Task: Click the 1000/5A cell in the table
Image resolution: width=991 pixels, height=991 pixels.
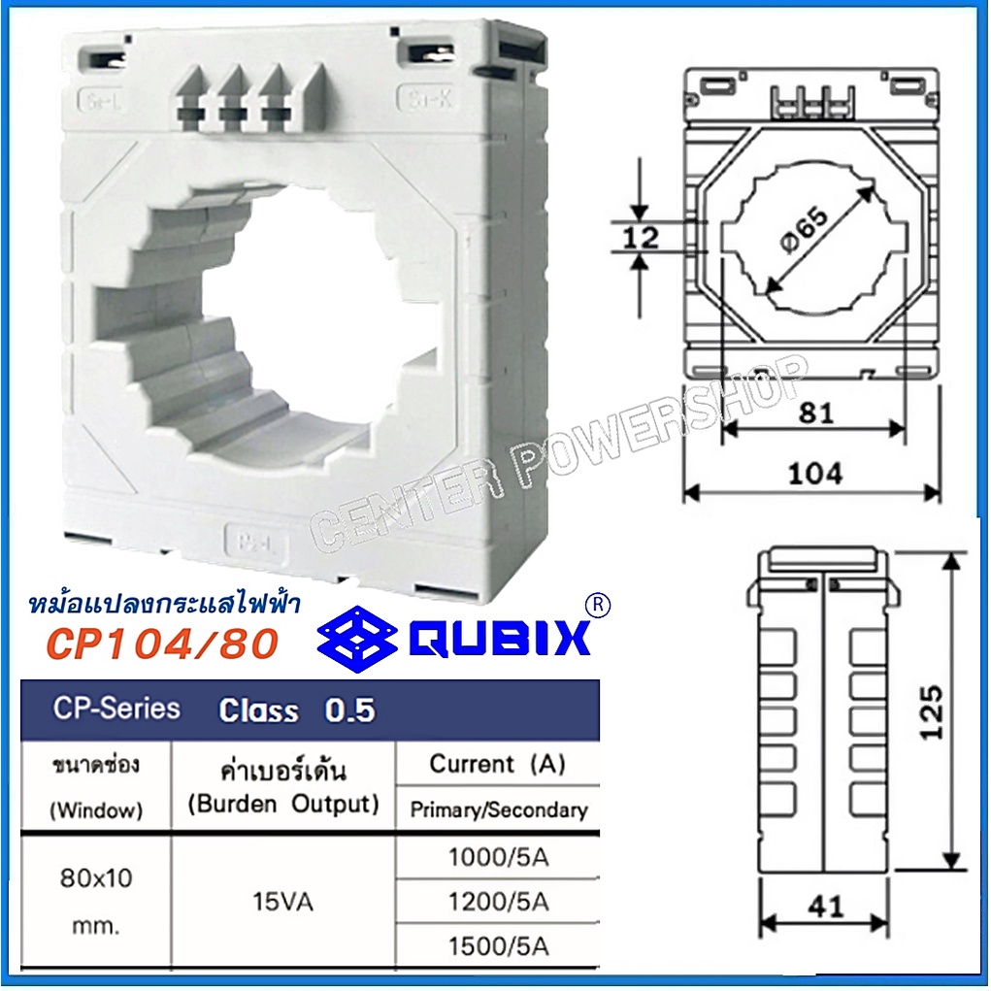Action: pos(499,856)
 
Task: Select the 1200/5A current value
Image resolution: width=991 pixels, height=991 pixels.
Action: pos(499,901)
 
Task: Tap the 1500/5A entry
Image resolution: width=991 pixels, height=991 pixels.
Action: pos(499,944)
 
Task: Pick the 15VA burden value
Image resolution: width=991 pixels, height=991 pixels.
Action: pos(283,902)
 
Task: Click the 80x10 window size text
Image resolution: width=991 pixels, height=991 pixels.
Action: pos(95,878)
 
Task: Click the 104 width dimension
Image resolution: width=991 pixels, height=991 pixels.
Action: pos(813,474)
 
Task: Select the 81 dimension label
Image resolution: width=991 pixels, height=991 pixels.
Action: pos(816,413)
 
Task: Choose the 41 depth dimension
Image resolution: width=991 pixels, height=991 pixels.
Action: pos(825,908)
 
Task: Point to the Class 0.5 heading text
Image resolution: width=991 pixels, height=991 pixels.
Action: pos(296,710)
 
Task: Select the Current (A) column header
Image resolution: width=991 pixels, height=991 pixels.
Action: pos(497,764)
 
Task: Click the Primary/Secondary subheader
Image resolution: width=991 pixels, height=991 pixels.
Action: pos(499,809)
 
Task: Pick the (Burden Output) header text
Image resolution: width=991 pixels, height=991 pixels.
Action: pos(283,804)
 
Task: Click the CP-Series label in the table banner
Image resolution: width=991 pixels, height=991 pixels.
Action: pos(116,709)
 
